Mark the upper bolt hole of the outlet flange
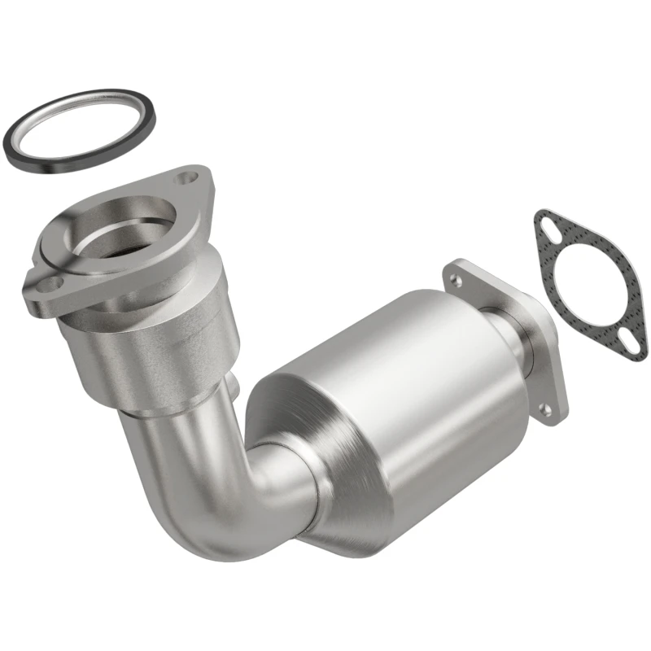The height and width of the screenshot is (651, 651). point(456,280)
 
